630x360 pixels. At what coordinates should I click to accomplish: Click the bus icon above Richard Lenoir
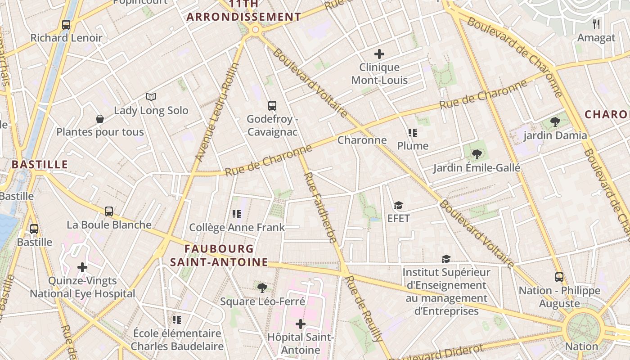click(x=66, y=25)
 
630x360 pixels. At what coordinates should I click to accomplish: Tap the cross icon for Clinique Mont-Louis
click(x=379, y=54)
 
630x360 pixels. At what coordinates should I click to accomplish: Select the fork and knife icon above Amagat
click(x=596, y=24)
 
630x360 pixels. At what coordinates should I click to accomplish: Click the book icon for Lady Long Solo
click(x=151, y=97)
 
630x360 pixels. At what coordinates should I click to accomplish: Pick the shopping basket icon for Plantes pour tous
click(x=100, y=119)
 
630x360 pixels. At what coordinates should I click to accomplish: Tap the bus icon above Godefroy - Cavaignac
click(x=272, y=106)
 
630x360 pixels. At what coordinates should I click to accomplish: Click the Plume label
click(x=413, y=146)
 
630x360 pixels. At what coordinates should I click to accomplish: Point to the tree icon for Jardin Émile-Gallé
click(x=477, y=154)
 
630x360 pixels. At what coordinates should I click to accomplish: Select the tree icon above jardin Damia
click(x=555, y=121)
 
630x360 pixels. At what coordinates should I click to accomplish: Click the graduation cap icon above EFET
click(x=398, y=206)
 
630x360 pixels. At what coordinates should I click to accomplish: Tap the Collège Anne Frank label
click(x=237, y=227)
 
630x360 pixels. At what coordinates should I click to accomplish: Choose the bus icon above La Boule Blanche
click(x=109, y=211)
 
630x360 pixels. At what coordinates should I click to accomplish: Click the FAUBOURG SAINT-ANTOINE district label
click(x=219, y=255)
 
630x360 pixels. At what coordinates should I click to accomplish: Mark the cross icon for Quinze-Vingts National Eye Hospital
click(x=82, y=267)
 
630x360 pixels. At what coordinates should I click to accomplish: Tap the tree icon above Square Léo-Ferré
click(x=262, y=288)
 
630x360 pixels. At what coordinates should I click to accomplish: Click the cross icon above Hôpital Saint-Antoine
click(x=301, y=324)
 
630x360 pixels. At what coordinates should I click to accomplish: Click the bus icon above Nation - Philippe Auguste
click(x=559, y=277)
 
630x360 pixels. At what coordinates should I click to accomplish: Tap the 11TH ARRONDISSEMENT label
click(x=244, y=11)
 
